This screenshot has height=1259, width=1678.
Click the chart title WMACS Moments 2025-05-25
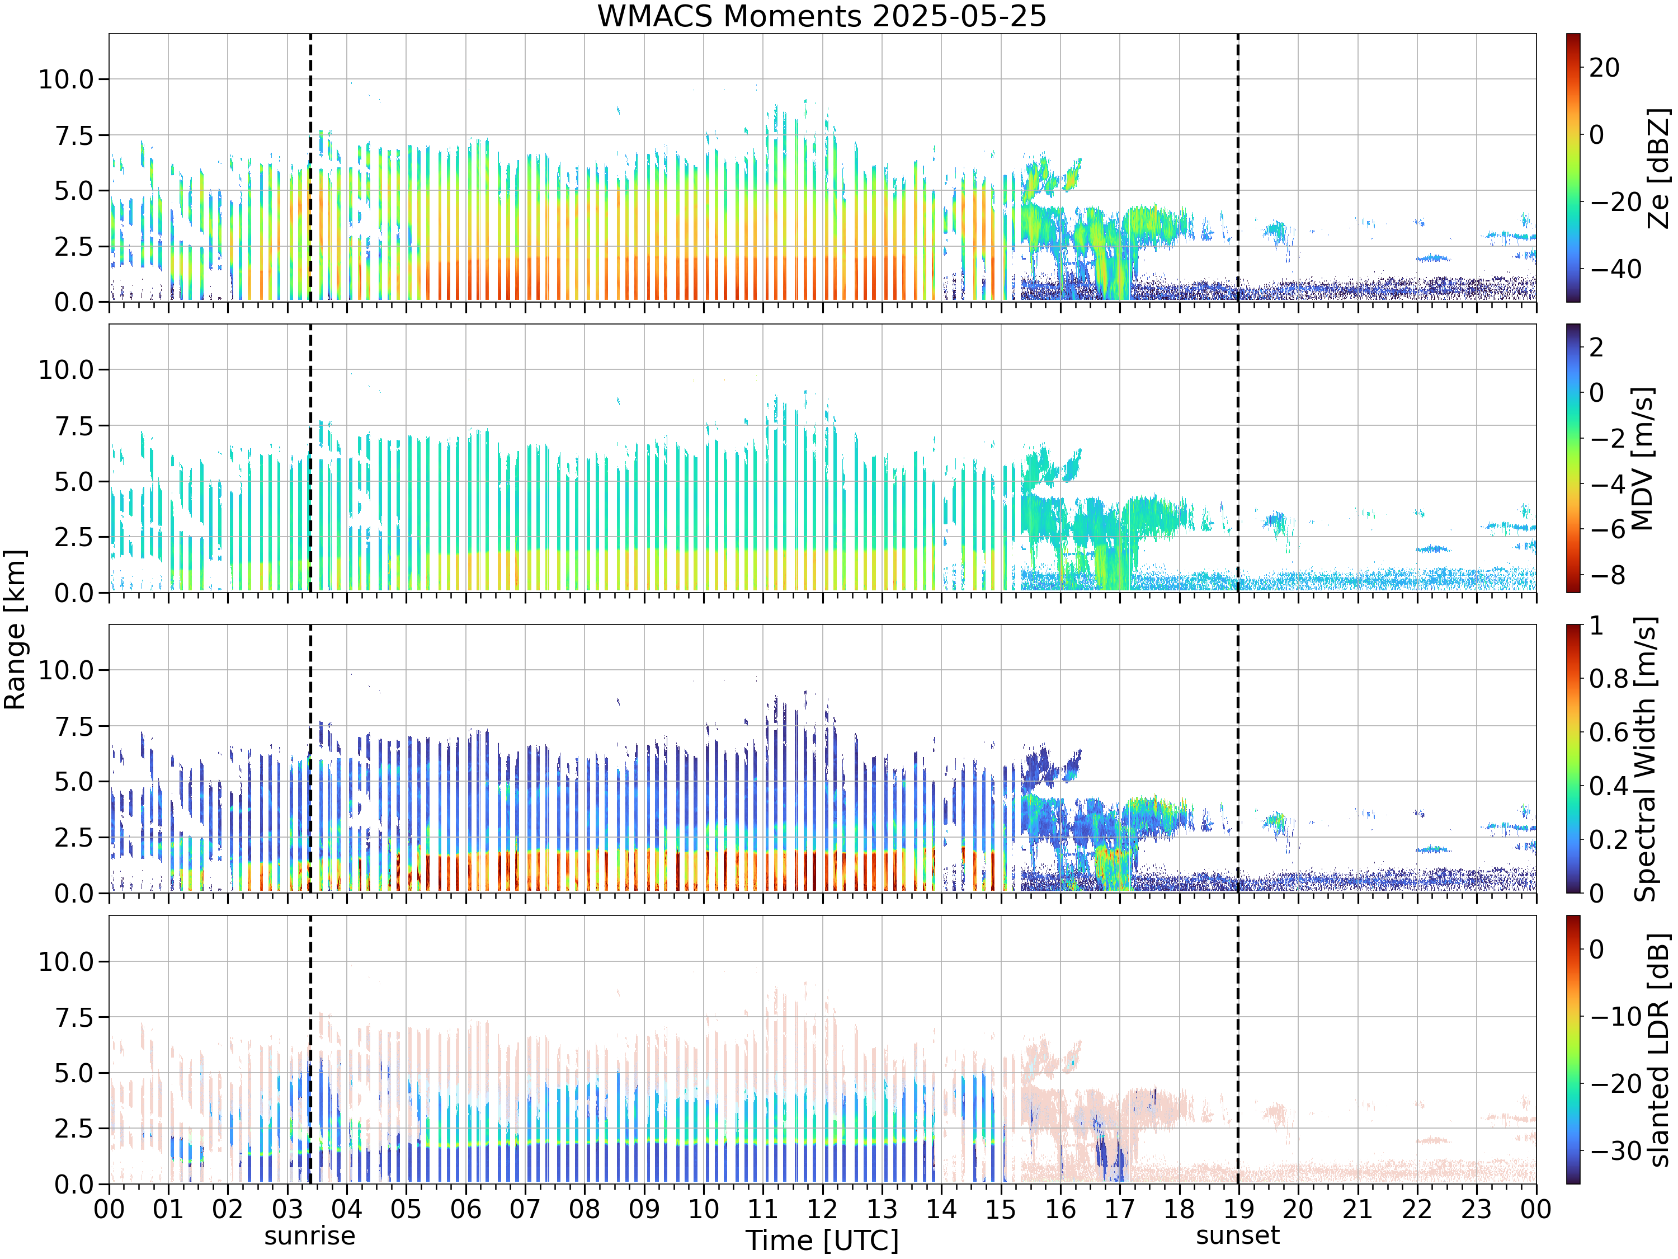pyautogui.click(x=822, y=16)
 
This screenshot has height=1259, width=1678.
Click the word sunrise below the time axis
pyautogui.click(x=309, y=1235)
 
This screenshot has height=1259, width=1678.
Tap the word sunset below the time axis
pyautogui.click(x=1238, y=1235)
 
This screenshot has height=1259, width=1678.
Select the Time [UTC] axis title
pyautogui.click(x=822, y=1240)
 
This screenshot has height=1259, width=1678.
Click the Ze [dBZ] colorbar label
pyautogui.click(x=1660, y=168)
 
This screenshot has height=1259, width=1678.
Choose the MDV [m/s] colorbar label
pyautogui.click(x=1642, y=458)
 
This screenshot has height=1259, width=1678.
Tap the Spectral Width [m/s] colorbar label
pyautogui.click(x=1644, y=759)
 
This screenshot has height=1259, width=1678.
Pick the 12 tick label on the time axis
pyautogui.click(x=822, y=1209)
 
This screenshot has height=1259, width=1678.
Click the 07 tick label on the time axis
pyautogui.click(x=525, y=1209)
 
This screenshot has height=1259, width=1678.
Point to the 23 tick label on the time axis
pyautogui.click(x=1476, y=1209)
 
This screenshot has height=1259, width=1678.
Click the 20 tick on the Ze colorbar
pyautogui.click(x=1604, y=68)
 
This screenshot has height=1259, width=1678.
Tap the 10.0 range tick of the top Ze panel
pyautogui.click(x=66, y=79)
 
